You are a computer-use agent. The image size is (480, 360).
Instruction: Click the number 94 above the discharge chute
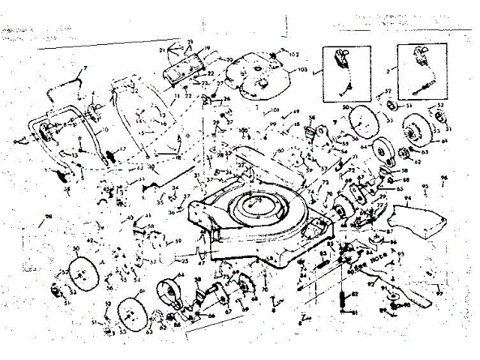click(408, 200)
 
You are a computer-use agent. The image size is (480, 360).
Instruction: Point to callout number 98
click(49, 218)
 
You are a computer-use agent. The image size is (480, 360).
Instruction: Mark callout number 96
click(443, 178)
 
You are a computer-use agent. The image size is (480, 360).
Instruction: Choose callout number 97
click(439, 294)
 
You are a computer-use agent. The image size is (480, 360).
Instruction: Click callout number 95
click(425, 185)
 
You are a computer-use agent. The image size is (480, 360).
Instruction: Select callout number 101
click(274, 111)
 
